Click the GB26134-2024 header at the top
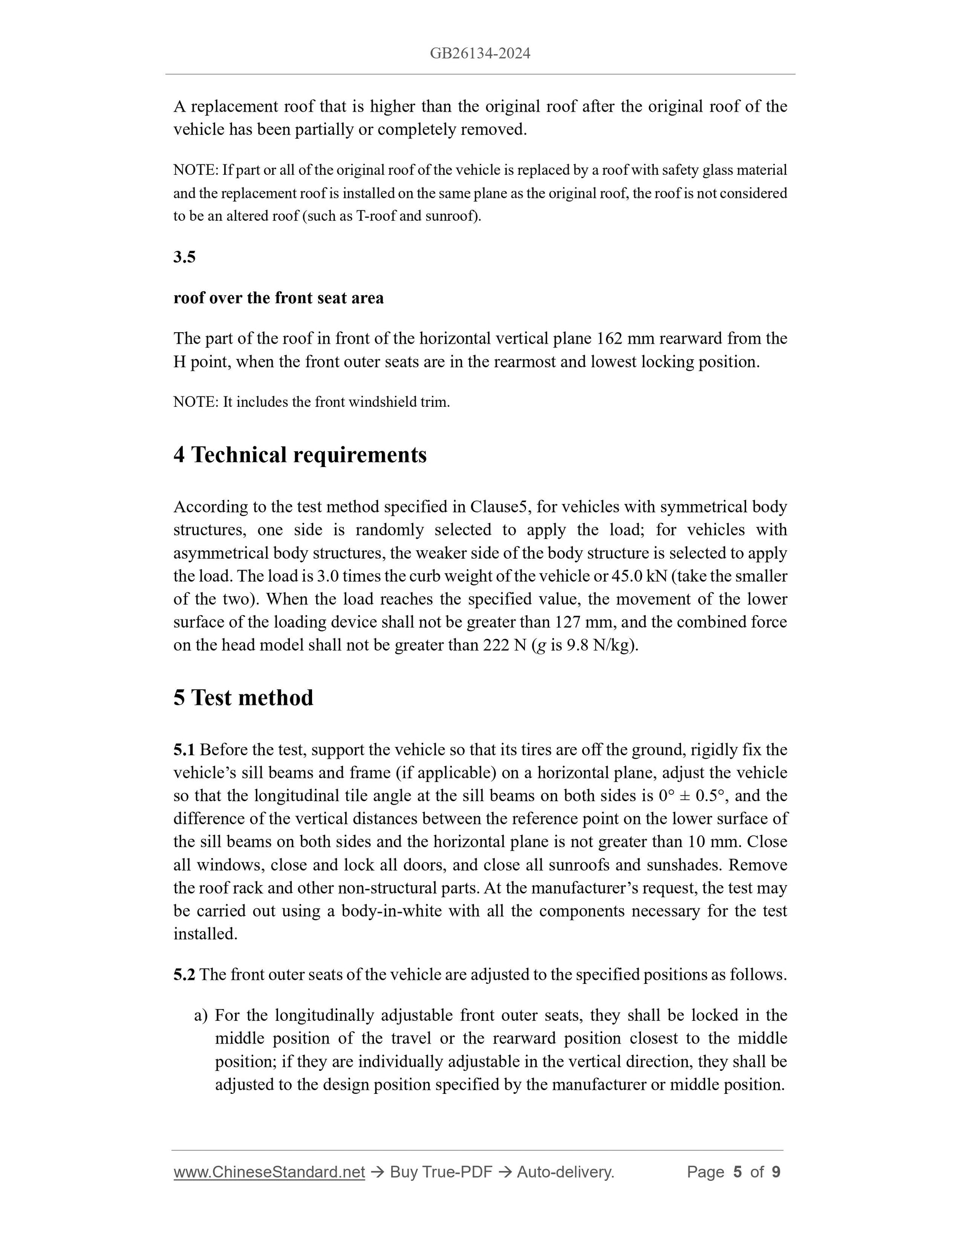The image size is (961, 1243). tap(480, 53)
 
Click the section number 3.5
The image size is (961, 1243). tap(185, 257)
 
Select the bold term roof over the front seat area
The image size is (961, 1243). tap(279, 298)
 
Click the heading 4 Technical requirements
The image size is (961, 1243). tap(300, 455)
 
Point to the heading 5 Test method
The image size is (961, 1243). tap(243, 698)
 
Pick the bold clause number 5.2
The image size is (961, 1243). tap(185, 975)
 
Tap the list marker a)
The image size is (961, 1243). tap(200, 1016)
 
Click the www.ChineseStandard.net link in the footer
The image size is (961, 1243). tap(269, 1172)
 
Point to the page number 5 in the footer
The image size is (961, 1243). tap(737, 1172)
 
